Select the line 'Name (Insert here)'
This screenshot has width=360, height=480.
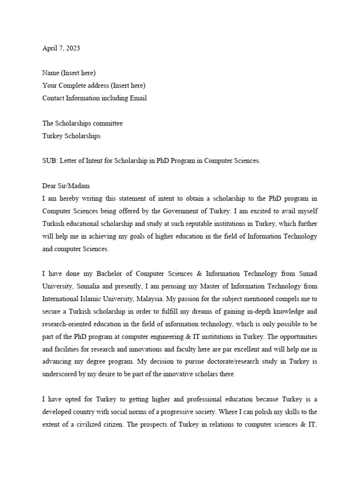coord(69,73)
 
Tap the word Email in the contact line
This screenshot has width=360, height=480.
coord(137,98)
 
